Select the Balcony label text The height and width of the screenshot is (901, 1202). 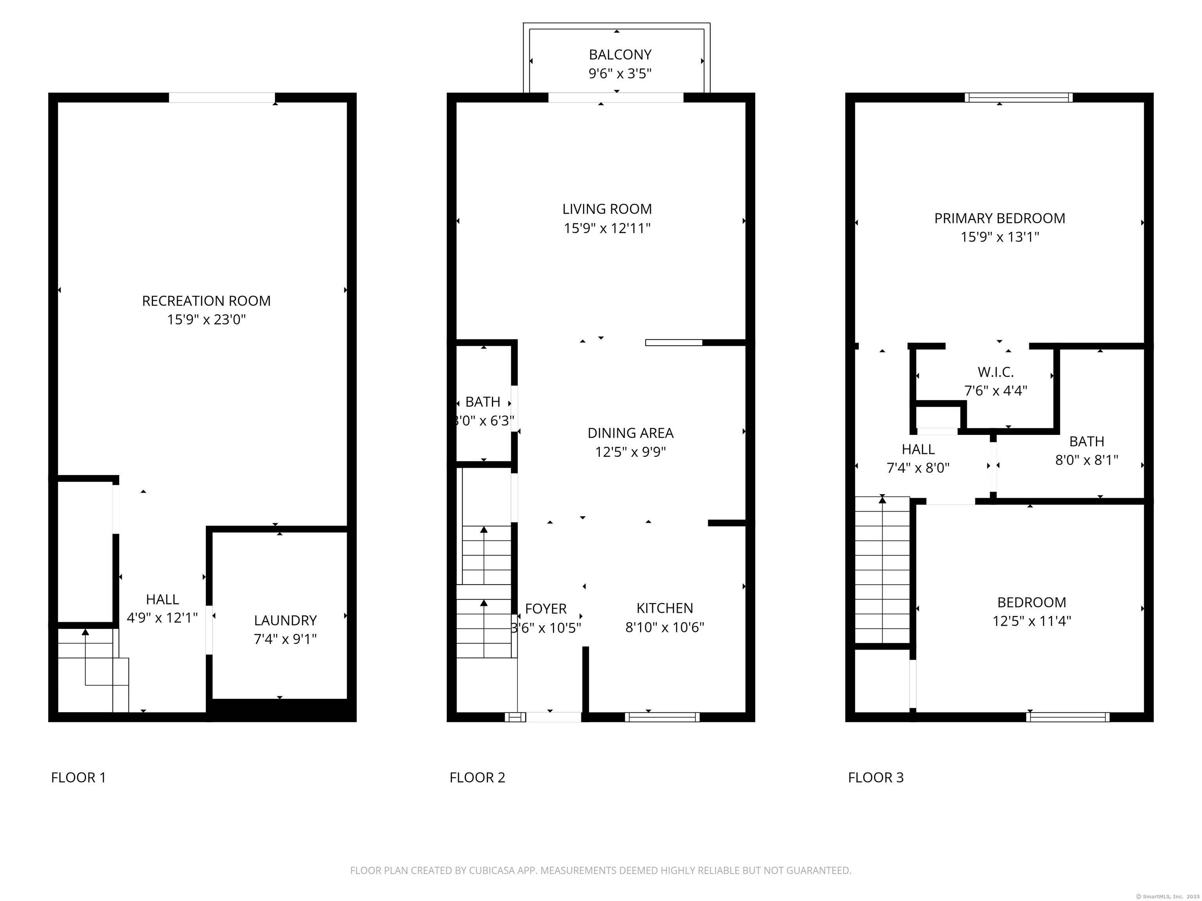[x=620, y=55]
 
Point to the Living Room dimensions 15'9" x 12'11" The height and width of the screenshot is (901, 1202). [x=607, y=228]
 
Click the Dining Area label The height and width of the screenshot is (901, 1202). [x=630, y=433]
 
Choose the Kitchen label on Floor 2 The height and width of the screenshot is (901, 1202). [x=664, y=608]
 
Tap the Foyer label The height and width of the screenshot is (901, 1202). [x=545, y=609]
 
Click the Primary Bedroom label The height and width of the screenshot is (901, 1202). [x=999, y=218]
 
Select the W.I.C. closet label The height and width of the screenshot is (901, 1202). [x=995, y=372]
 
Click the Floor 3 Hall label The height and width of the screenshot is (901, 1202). [x=918, y=449]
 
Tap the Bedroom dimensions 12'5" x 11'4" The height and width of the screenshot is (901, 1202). [x=1031, y=621]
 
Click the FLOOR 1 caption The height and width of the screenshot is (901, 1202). [x=78, y=778]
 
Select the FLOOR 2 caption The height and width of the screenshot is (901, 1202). [x=477, y=778]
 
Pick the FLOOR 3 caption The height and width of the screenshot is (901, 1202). [x=875, y=778]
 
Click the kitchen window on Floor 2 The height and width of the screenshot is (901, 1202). [x=662, y=717]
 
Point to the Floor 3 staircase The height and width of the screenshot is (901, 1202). [x=882, y=570]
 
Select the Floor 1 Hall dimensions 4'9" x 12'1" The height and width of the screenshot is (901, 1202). [x=162, y=618]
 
